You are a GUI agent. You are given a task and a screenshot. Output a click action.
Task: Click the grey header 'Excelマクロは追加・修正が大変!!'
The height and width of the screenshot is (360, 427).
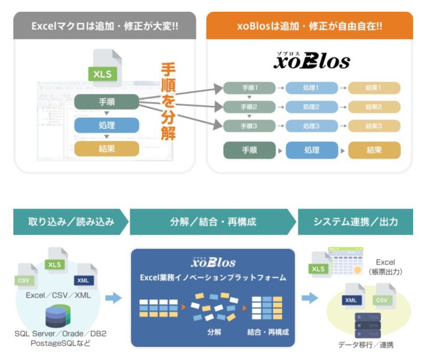[105, 26]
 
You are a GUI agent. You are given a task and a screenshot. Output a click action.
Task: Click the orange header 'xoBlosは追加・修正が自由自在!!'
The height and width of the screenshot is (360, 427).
[309, 26]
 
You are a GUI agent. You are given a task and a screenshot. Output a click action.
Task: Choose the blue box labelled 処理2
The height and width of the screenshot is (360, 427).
[311, 107]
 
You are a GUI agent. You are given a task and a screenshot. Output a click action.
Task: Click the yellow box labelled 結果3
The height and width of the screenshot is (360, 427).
[374, 126]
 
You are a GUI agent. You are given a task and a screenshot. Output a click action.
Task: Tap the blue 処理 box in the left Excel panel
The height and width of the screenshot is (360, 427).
[106, 125]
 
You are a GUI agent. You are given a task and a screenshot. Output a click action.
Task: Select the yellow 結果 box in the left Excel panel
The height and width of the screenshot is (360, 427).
[106, 148]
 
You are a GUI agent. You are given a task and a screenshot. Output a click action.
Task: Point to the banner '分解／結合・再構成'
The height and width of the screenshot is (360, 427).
[213, 222]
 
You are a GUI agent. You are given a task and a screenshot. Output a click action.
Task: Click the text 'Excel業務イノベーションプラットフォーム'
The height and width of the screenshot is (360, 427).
[213, 278]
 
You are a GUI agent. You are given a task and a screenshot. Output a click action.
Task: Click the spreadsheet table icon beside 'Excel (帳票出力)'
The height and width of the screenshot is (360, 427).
[346, 260]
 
